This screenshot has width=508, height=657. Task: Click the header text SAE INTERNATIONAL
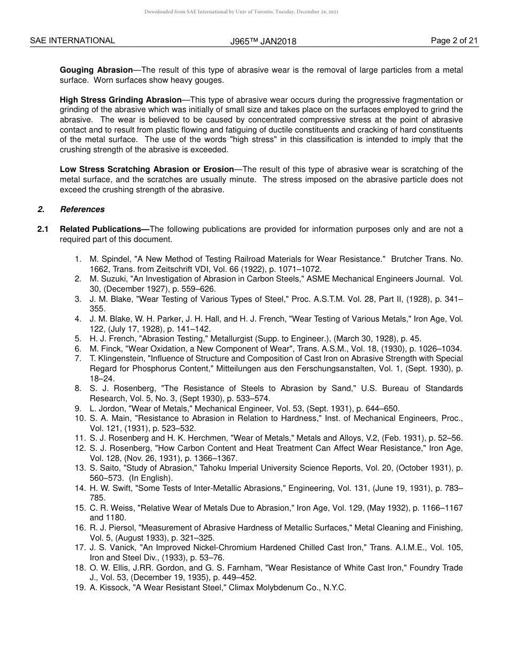click(x=72, y=41)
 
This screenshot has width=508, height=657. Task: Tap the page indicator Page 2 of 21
click(x=454, y=41)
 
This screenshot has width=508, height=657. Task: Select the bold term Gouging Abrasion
click(x=96, y=70)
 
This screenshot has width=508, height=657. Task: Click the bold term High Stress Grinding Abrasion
click(x=121, y=100)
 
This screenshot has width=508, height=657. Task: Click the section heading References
click(x=82, y=209)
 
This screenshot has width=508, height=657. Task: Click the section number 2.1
click(x=43, y=229)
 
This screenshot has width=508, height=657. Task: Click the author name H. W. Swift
click(x=110, y=488)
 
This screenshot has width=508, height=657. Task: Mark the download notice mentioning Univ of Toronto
click(x=241, y=12)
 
